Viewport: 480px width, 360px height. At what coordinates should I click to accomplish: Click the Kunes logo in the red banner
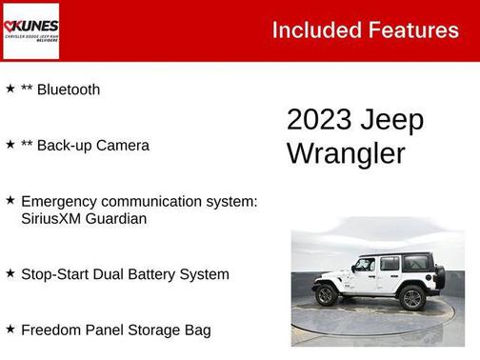(x=30, y=30)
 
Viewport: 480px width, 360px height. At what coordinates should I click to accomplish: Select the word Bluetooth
(x=68, y=90)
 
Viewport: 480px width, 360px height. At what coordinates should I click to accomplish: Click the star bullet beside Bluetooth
(x=10, y=89)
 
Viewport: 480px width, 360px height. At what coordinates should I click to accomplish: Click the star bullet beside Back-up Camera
(x=10, y=145)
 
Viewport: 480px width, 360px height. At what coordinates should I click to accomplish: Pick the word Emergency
(x=63, y=202)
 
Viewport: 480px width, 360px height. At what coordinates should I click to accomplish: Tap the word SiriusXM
(x=52, y=219)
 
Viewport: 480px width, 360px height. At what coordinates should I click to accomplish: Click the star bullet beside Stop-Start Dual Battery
(x=10, y=273)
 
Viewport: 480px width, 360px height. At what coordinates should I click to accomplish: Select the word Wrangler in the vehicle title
(x=346, y=152)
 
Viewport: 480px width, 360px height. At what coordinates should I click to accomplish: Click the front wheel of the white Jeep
(x=326, y=295)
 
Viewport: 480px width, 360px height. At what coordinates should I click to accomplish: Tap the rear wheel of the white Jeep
(x=412, y=297)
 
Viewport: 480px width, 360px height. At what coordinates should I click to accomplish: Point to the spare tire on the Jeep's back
(x=440, y=277)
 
